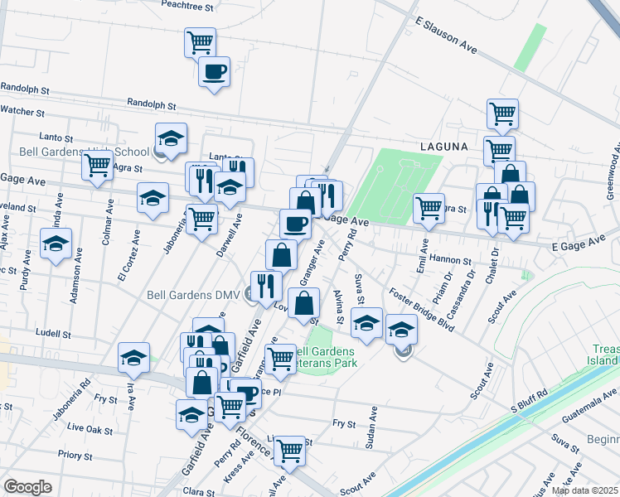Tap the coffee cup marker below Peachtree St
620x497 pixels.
[215, 71]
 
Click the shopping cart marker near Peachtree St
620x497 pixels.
[200, 41]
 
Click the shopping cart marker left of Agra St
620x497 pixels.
[98, 166]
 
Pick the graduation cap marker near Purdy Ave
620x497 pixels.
[56, 244]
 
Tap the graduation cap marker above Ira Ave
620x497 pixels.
[133, 358]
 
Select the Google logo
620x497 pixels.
[27, 487]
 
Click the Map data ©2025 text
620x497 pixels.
[584, 490]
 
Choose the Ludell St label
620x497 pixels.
[54, 333]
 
